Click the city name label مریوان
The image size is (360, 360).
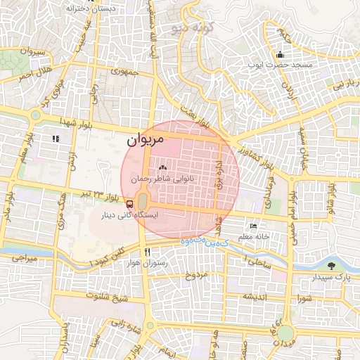(x=146, y=141)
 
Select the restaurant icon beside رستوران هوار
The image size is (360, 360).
(x=148, y=251)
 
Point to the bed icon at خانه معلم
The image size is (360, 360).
(x=253, y=226)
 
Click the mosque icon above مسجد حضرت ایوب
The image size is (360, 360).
(x=281, y=54)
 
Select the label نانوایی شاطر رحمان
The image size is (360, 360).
(x=163, y=179)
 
